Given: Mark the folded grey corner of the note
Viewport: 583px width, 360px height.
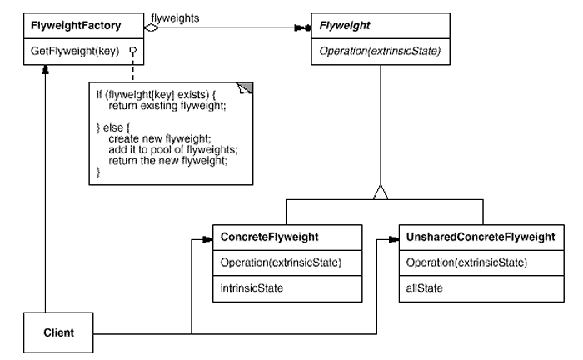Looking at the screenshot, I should [247, 87].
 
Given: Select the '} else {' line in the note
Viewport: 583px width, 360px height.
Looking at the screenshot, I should [112, 127].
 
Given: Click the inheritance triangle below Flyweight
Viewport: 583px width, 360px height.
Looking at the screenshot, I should [381, 192].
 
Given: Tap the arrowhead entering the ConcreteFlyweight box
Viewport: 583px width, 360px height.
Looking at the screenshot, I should [207, 239].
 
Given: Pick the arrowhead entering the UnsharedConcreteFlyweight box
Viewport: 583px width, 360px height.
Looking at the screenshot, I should [394, 239].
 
